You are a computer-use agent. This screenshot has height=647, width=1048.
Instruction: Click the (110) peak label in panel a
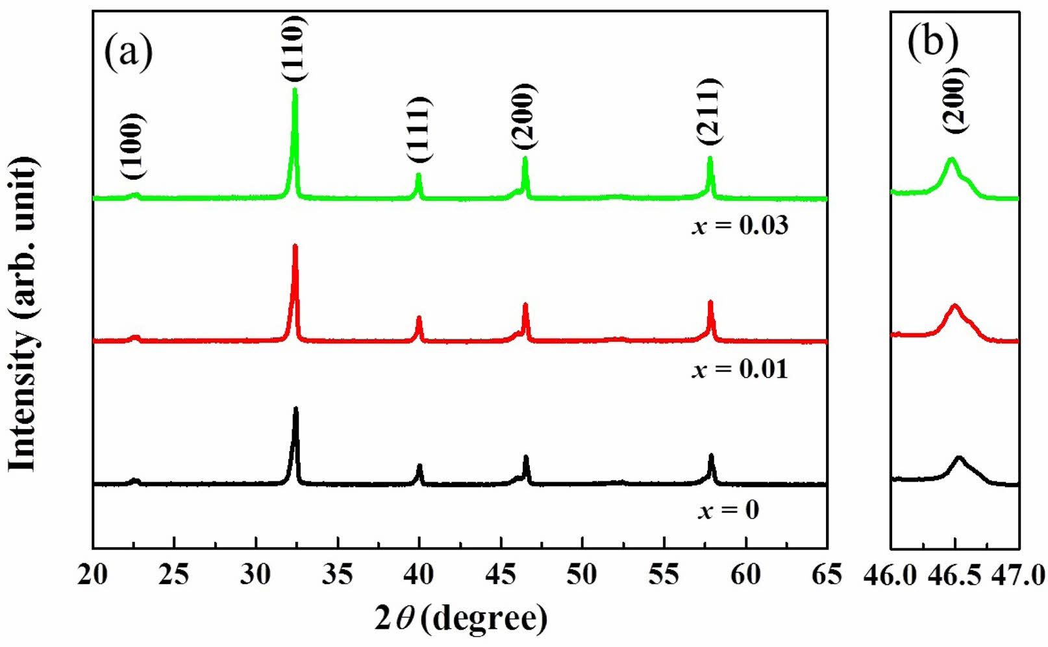pos(293,48)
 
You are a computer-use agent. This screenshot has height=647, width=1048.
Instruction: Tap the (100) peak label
pos(133,146)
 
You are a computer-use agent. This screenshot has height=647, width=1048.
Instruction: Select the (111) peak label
pos(419,130)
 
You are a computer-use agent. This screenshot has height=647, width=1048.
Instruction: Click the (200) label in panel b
pos(956,100)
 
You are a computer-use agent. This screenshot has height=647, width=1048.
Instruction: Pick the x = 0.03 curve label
pos(740,225)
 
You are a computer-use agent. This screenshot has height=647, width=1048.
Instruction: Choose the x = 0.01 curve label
pos(740,369)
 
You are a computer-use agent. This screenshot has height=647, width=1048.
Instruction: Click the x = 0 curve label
pos(729,510)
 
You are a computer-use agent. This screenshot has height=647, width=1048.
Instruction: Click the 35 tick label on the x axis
pos(338,575)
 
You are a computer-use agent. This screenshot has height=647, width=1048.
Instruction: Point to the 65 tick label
pos(826,575)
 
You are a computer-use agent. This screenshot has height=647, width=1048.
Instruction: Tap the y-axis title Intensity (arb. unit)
pos(23,314)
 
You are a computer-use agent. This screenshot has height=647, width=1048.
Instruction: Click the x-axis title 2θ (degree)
pos(461,618)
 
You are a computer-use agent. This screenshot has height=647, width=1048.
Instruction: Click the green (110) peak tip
pos(295,89)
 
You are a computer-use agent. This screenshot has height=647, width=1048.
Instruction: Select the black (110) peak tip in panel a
pos(296,409)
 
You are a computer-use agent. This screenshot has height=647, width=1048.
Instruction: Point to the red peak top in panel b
pos(954,305)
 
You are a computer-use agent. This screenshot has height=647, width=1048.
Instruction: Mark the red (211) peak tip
pos(710,302)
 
